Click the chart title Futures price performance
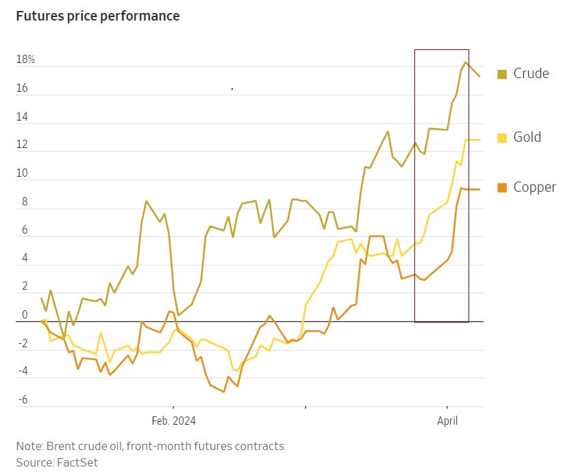(98, 16)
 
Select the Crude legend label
(531, 73)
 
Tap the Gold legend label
(527, 137)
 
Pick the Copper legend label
(534, 187)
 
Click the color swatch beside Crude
(502, 74)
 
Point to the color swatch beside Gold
(502, 138)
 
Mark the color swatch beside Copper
(502, 188)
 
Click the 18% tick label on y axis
(26, 60)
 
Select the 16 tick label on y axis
(23, 88)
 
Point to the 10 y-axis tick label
(23, 173)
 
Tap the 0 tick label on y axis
(25, 315)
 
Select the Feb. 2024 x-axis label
(173, 421)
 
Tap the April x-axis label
(447, 421)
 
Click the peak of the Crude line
(466, 62)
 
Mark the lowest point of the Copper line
(224, 392)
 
